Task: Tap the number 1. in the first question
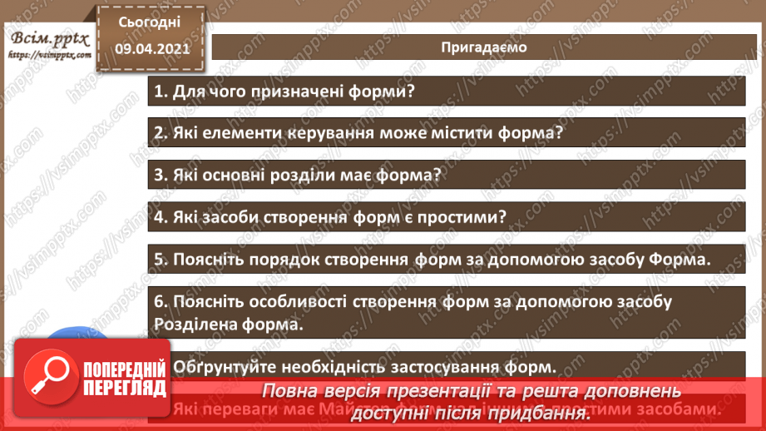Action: click(x=161, y=92)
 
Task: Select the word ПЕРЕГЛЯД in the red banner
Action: click(x=123, y=387)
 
